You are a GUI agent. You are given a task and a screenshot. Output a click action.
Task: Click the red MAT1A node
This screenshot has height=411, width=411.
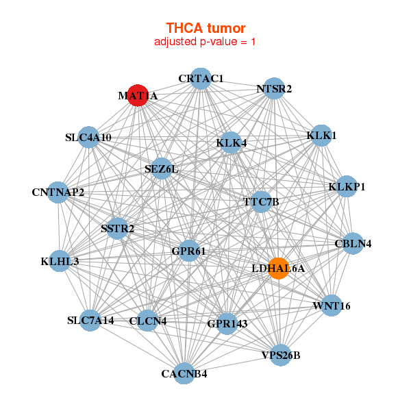click(138, 96)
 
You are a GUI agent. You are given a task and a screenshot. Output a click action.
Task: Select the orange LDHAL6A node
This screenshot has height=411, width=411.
click(278, 268)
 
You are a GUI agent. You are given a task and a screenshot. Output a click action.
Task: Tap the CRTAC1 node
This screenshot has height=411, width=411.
click(201, 78)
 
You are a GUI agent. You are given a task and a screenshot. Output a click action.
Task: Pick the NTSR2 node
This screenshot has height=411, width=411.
click(274, 89)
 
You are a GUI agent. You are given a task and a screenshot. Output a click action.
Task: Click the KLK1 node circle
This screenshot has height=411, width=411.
click(322, 136)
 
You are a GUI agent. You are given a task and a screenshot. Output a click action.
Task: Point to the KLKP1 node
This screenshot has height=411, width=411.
click(347, 187)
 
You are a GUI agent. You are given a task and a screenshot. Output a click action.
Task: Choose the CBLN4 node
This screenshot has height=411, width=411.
click(353, 244)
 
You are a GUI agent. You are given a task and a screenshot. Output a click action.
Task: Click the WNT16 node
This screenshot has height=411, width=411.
click(332, 306)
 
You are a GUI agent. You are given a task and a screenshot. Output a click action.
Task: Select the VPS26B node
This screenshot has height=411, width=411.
click(281, 355)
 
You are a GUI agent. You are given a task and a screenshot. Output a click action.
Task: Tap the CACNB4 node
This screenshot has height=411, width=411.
click(184, 373)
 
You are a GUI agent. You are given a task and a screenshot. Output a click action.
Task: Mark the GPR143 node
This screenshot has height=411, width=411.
click(227, 323)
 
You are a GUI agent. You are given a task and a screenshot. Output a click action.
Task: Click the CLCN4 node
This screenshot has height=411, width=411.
click(148, 320)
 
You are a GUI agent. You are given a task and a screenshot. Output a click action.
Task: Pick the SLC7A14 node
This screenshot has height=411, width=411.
click(90, 320)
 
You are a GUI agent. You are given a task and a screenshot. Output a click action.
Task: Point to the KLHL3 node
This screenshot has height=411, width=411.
click(60, 261)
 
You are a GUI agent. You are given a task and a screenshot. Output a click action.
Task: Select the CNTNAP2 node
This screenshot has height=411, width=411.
click(58, 192)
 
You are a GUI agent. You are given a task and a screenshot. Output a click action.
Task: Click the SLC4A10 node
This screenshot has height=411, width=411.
click(88, 138)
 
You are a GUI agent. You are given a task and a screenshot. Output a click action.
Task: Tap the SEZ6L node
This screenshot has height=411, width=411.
click(161, 169)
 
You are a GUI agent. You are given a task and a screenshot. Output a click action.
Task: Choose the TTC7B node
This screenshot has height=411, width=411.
click(262, 202)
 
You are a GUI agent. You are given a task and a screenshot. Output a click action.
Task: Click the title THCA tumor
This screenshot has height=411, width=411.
click(206, 28)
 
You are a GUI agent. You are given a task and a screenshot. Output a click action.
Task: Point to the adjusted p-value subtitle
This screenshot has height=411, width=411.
click(206, 42)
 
